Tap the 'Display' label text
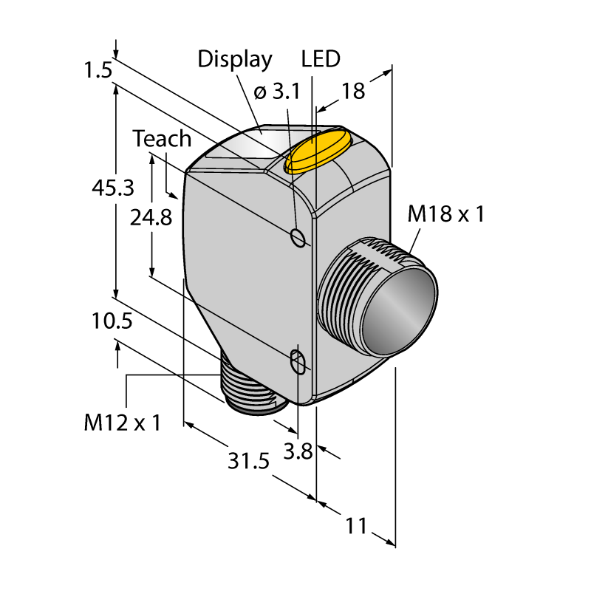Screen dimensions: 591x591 tap(235, 59)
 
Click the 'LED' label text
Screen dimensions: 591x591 tap(321, 59)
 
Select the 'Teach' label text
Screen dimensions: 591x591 tap(162, 139)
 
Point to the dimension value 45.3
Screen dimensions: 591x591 tap(112, 188)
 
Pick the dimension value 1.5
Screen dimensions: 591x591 tap(98, 71)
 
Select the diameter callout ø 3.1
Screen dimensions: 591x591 tap(276, 92)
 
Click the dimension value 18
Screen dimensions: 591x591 tap(354, 91)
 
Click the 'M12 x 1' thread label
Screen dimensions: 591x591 tap(122, 423)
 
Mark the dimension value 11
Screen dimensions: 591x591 tap(356, 526)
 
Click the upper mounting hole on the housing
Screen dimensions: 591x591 tap(298, 237)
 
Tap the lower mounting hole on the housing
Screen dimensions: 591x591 tap(298, 362)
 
